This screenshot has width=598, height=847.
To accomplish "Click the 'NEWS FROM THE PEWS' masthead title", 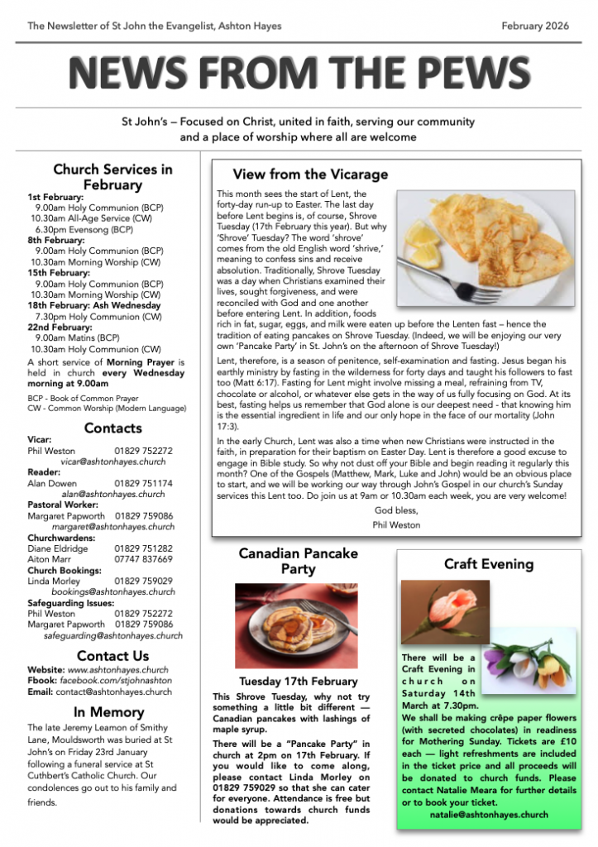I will click(299, 73).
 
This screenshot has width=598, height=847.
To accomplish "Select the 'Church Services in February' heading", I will click(112, 177).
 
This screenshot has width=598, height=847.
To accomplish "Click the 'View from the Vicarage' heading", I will click(310, 175).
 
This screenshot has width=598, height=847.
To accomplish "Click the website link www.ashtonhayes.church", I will click(117, 669).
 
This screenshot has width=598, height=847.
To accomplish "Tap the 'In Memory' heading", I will click(108, 712).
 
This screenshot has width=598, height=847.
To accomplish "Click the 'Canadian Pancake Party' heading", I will click(298, 561).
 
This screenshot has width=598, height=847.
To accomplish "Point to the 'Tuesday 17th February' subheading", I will click(299, 682).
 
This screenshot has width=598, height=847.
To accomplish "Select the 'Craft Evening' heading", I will click(488, 564).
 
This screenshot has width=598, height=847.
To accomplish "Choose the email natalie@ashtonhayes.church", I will click(489, 814).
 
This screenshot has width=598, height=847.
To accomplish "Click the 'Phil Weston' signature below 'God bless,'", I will click(396, 524).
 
